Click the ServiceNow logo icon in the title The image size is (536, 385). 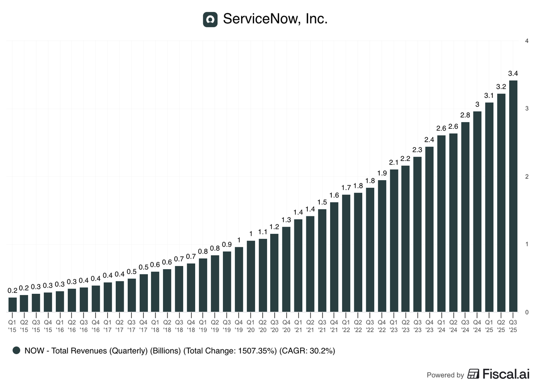coord(210,19)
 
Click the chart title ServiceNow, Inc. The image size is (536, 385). coord(275,19)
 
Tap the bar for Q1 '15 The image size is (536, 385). coord(13,305)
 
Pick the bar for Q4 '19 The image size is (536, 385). coord(239,279)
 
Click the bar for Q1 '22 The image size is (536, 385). coord(346,253)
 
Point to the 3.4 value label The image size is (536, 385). coord(513,73)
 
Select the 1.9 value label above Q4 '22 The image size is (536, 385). coord(382,173)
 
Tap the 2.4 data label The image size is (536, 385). coord(430,139)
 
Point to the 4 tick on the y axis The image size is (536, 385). coord(528,41)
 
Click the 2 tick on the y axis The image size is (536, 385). coord(528,177)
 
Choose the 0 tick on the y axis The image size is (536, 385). coord(528,312)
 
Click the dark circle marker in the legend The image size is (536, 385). coord(17,351)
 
